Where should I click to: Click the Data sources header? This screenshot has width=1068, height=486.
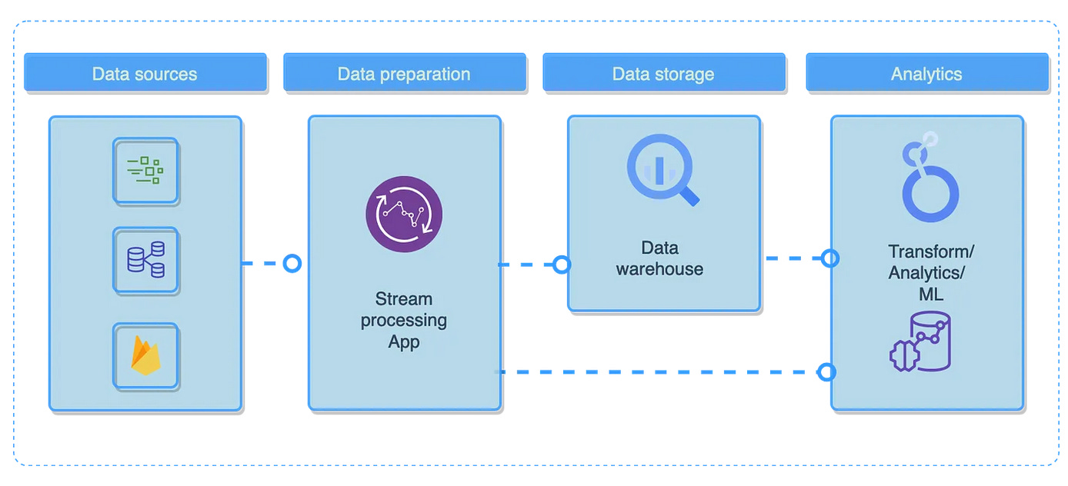pos(145,74)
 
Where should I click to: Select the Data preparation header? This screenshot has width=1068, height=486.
pos(404,74)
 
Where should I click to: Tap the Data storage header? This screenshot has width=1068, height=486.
pos(663,74)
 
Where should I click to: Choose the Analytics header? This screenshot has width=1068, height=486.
pos(926,74)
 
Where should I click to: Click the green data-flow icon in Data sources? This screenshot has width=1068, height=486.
pos(146,171)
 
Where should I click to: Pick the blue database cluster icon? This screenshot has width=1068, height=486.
pos(146,260)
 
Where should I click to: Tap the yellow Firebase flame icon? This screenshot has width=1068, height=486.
pos(146,355)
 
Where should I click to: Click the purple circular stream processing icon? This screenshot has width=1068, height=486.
pos(404,214)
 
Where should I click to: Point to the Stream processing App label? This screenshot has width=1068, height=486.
pos(404,320)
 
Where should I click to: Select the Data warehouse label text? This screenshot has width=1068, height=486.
pos(660,258)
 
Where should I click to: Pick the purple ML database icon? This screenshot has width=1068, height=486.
pos(920,342)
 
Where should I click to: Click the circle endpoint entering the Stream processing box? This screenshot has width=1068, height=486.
pos(292,264)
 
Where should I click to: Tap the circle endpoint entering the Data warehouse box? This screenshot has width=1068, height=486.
pos(562,265)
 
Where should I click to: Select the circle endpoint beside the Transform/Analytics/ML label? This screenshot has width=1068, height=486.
pos(829,258)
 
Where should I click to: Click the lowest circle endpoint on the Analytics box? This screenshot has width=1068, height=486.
pos(826,372)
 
